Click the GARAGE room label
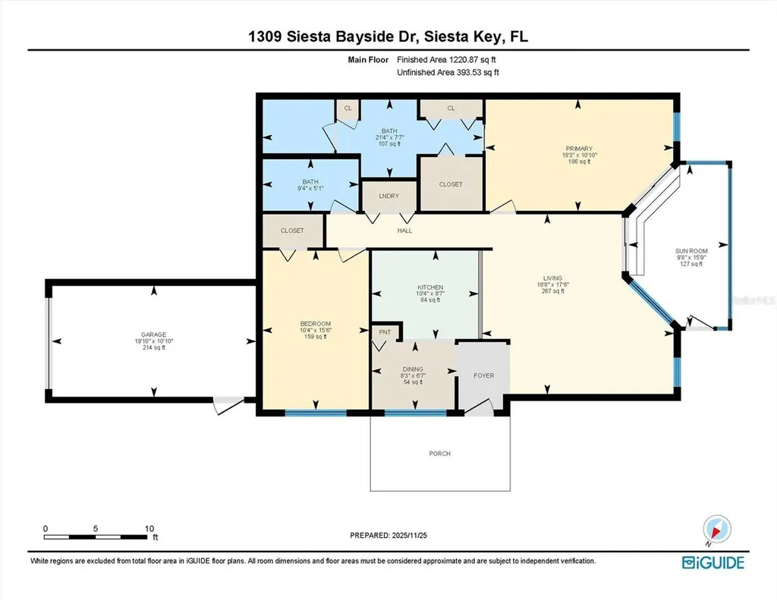[153, 334]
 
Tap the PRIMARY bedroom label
[578, 149]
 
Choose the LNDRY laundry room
[388, 194]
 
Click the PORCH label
[439, 454]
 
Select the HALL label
[404, 231]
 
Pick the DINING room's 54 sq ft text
[413, 382]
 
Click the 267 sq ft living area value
[552, 293]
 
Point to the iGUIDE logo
[713, 562]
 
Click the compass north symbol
[716, 528]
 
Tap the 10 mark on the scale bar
[149, 529]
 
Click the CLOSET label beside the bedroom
[292, 231]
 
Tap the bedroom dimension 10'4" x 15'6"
[316, 330]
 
